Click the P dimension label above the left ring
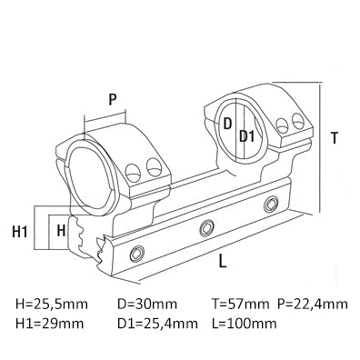(x=111, y=99)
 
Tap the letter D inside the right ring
(x=228, y=122)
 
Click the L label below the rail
(x=223, y=262)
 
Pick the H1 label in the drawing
(x=19, y=232)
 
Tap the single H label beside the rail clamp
(x=60, y=230)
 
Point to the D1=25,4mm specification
(x=156, y=323)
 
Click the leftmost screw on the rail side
(x=138, y=252)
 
